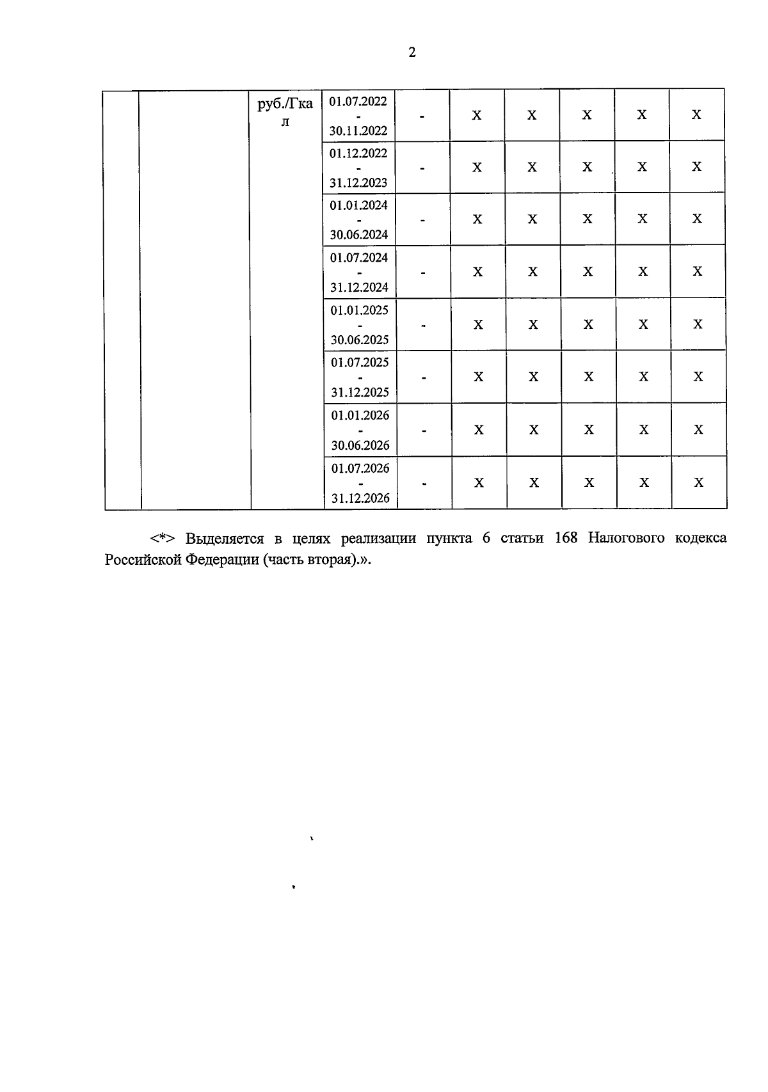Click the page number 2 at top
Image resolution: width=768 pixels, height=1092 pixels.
[412, 52]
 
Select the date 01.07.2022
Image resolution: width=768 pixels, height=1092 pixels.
[358, 101]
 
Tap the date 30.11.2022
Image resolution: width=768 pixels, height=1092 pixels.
[358, 131]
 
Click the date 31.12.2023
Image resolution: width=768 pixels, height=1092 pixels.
[358, 183]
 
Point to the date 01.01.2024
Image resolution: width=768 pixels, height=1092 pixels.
[358, 205]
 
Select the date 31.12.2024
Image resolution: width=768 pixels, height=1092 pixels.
[359, 288]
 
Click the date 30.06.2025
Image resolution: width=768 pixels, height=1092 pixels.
[360, 340]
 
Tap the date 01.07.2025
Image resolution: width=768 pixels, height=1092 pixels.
[360, 363]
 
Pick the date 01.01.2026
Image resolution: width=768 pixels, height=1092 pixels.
[360, 415]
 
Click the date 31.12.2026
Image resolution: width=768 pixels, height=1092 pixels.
[360, 498]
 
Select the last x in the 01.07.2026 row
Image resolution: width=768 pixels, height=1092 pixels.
[699, 482]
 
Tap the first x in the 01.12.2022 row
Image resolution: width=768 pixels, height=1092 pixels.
[477, 168]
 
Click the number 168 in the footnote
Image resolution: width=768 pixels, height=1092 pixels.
[566, 538]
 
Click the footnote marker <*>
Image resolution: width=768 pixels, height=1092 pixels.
[163, 538]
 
